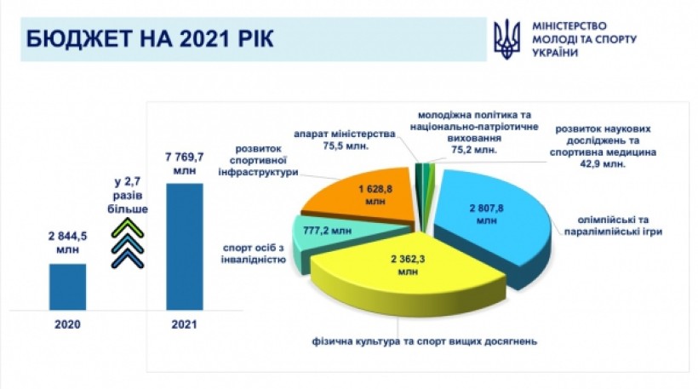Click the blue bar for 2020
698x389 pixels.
point(67,287)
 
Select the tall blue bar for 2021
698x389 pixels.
point(185,247)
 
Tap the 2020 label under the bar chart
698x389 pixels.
point(67,324)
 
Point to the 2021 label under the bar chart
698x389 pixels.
point(185,324)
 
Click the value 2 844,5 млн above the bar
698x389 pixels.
point(67,243)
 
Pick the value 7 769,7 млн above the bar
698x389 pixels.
point(185,163)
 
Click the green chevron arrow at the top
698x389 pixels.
point(128,227)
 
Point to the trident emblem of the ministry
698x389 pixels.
point(506,39)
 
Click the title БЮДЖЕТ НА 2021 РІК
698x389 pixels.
point(150,38)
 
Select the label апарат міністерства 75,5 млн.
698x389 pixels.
point(345,140)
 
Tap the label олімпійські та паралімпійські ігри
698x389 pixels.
point(613,226)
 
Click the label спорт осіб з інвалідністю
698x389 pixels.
point(254,254)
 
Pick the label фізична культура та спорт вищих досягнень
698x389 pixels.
point(425,341)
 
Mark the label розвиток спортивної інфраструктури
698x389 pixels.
point(258,160)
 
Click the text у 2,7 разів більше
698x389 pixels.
point(128,196)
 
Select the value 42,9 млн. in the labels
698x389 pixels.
point(603,163)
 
